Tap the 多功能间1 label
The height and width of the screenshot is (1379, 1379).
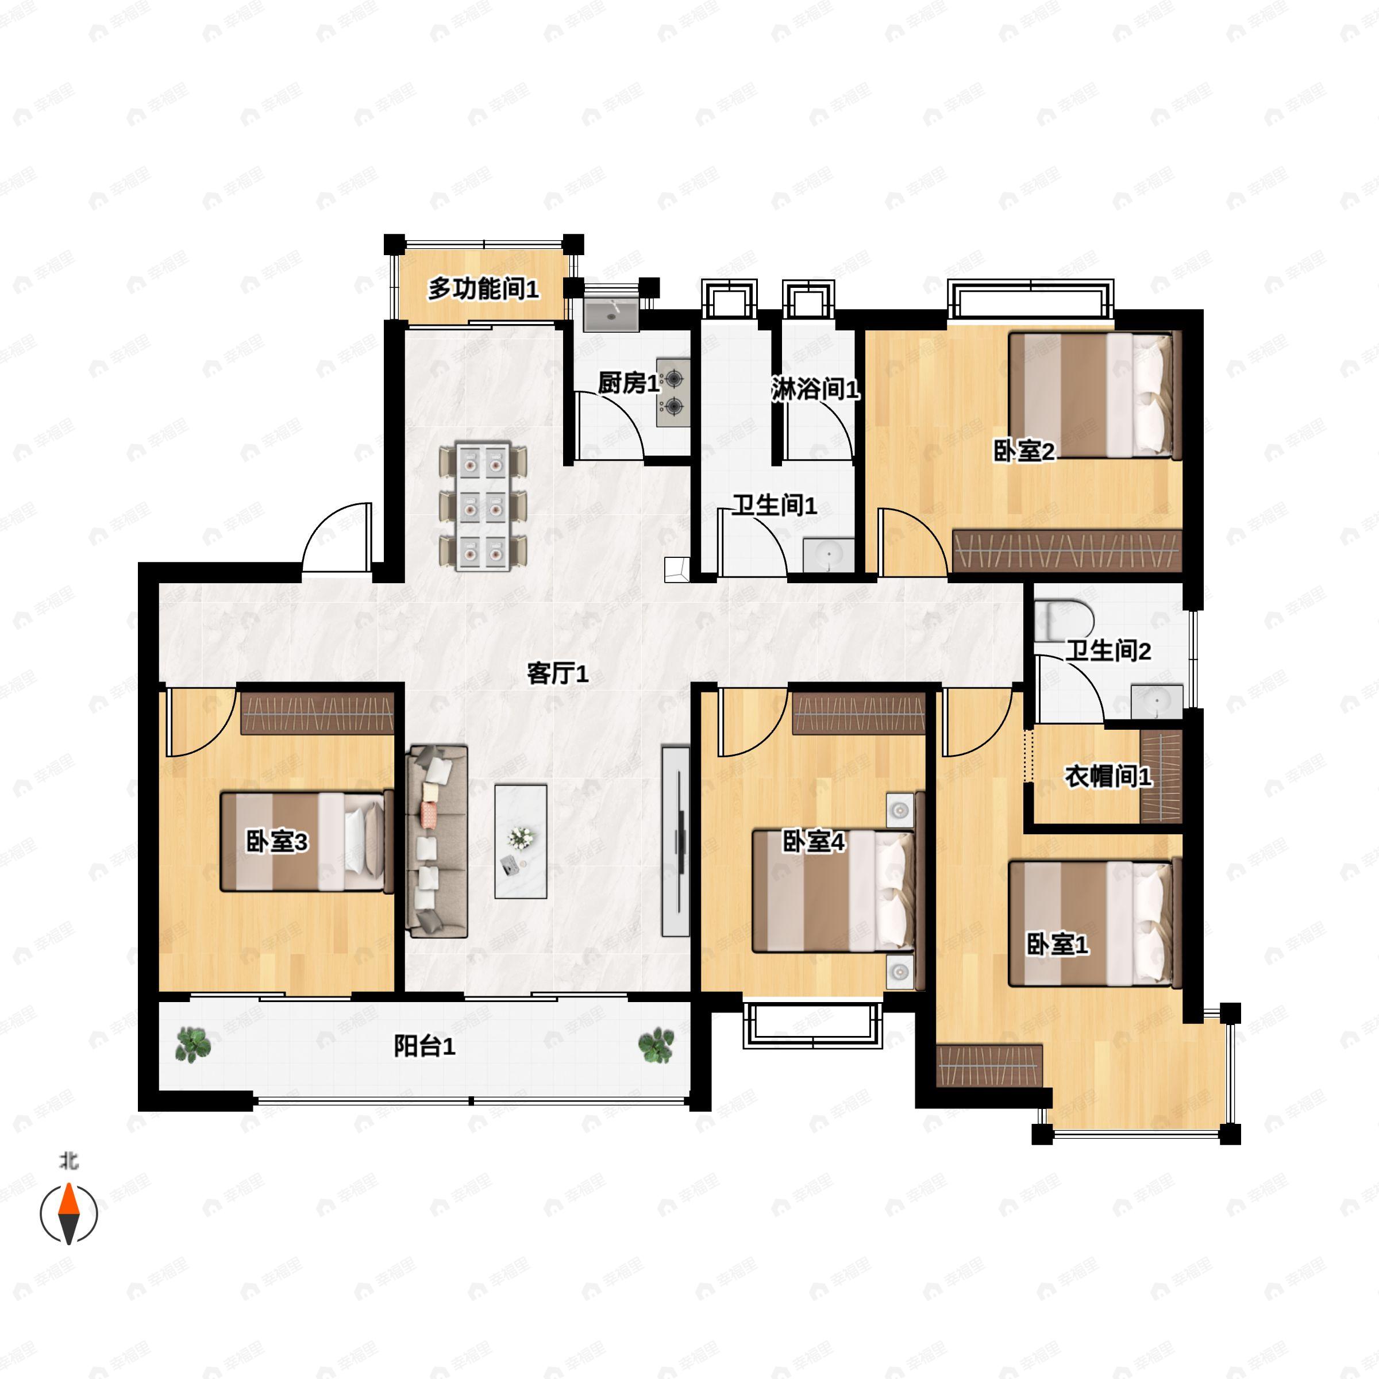point(483,289)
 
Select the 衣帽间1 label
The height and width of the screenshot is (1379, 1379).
point(1108,777)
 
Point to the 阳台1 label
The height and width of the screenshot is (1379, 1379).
point(424,1046)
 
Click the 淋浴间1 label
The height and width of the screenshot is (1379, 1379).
point(815,389)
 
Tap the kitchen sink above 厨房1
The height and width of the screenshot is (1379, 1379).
point(611,314)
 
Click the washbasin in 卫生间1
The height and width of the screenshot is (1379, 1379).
point(828,555)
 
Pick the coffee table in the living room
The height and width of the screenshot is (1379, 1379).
point(521,842)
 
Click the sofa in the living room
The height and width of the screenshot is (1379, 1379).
point(436,842)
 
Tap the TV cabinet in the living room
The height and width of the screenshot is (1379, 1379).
point(675,842)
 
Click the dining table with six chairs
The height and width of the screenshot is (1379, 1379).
point(483,507)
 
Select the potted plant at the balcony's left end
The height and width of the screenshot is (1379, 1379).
point(192,1043)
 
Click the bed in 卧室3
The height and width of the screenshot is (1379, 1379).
point(307,842)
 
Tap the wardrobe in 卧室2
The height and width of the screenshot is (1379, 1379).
point(1067,550)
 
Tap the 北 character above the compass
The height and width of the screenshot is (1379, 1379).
point(68,1161)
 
